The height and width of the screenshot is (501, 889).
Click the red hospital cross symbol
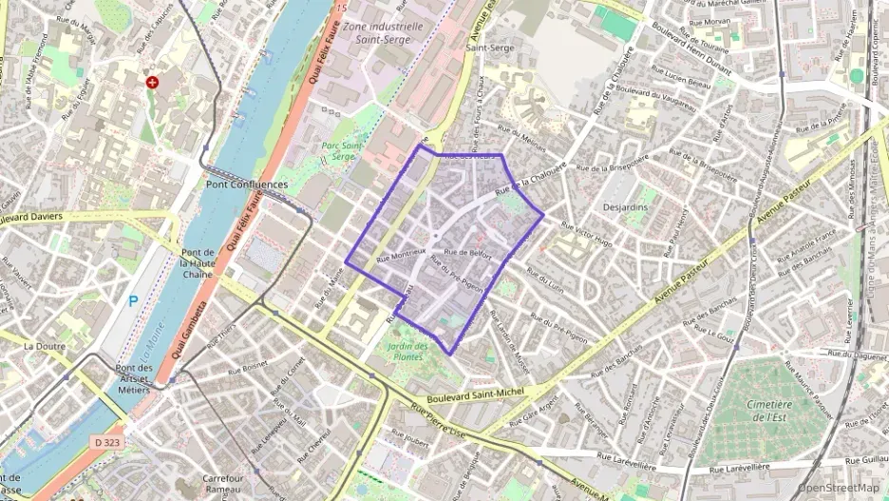(152, 83)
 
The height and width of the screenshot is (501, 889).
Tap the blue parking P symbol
(133, 301)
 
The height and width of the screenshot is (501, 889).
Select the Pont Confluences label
(246, 183)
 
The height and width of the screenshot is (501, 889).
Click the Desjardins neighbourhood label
(625, 206)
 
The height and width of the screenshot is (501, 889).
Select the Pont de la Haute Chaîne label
(198, 263)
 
